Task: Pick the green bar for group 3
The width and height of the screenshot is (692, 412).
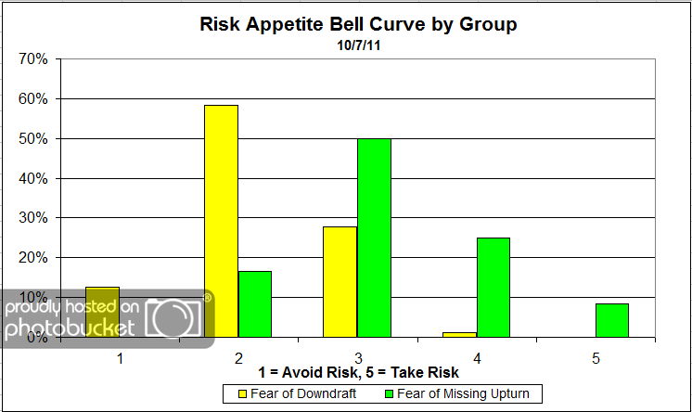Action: click(x=373, y=238)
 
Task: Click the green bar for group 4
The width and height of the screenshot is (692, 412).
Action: click(x=493, y=287)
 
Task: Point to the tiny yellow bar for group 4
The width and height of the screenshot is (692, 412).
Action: click(x=459, y=334)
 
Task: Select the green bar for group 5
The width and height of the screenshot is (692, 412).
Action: click(x=611, y=320)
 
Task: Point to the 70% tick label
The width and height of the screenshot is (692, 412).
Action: click(x=33, y=59)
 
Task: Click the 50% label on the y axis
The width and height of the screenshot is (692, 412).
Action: click(x=33, y=138)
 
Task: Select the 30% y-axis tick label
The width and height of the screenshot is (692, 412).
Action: click(x=33, y=218)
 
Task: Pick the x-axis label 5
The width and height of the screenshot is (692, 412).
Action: click(x=596, y=356)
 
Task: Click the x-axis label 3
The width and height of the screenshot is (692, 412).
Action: click(x=357, y=356)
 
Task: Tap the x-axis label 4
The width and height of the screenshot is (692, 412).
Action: click(x=477, y=356)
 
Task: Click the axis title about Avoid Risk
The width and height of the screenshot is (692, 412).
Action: click(x=357, y=373)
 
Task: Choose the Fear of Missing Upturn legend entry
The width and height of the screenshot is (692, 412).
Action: click(x=456, y=393)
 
